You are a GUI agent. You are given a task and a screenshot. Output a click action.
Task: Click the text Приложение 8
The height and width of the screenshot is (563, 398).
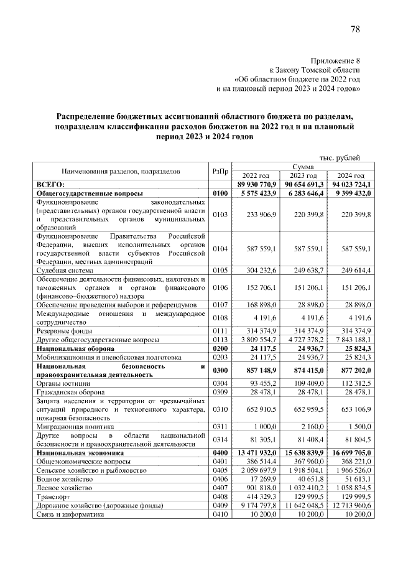coord(335,61)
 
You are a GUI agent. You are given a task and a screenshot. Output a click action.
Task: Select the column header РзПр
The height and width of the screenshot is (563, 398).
coord(220,171)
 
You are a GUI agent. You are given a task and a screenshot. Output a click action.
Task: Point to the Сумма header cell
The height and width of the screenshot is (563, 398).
coord(303,167)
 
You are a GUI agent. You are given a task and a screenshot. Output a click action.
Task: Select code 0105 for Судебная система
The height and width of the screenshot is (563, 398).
coord(220,271)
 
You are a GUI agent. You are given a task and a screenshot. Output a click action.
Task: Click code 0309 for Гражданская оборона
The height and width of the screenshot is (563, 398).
coord(220,393)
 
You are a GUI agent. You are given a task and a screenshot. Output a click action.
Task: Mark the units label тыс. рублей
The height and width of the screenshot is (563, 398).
coord(340,157)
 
